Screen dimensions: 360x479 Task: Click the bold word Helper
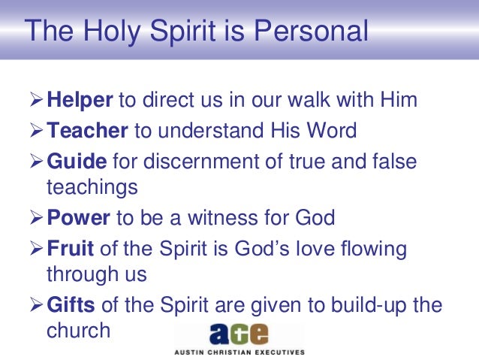80,100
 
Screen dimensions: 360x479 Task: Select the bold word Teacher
87,132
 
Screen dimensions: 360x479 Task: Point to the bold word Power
78,219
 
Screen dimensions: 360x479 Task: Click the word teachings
92,187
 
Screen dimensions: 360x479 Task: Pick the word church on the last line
78,331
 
